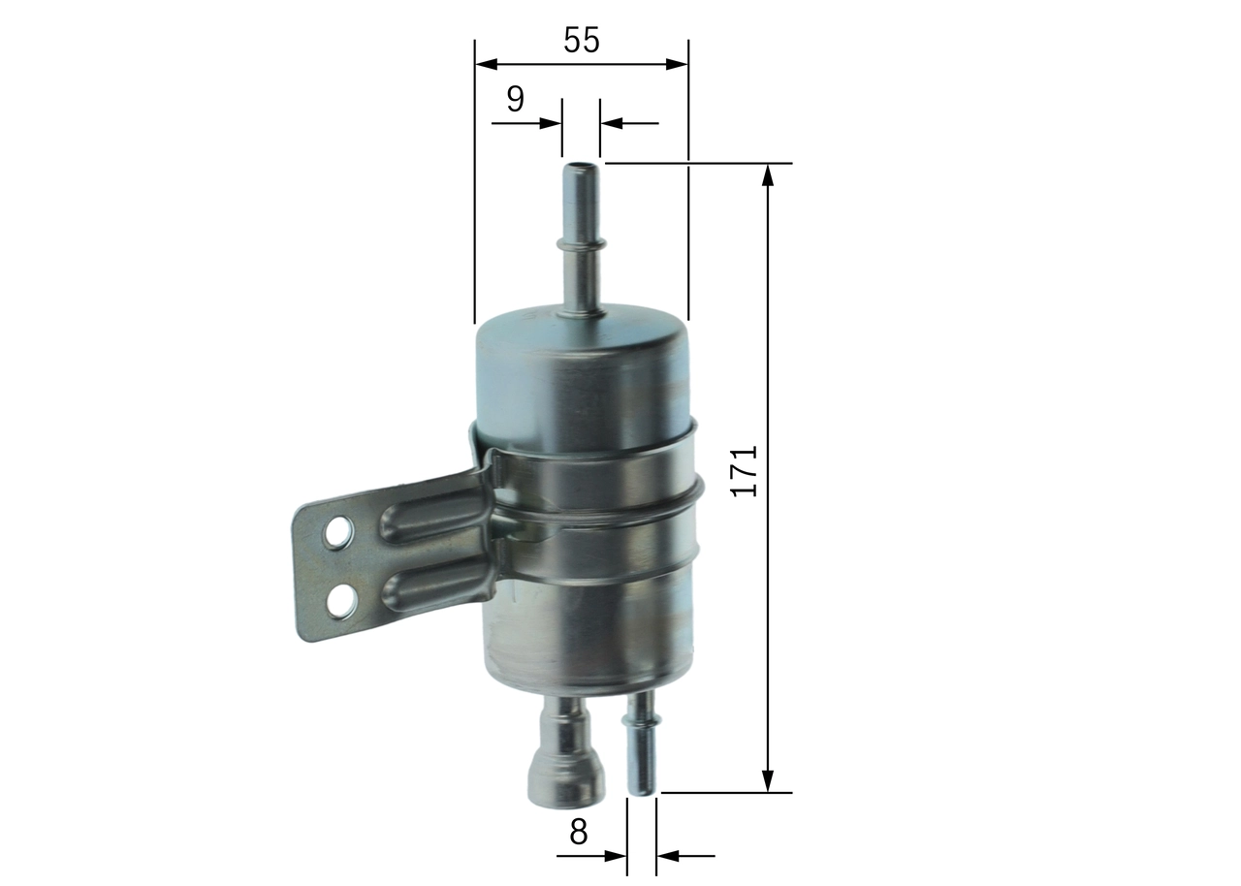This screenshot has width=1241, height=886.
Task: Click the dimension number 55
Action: (x=582, y=41)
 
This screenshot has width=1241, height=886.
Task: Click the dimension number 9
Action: (x=515, y=99)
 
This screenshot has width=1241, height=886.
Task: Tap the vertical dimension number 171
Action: (x=744, y=472)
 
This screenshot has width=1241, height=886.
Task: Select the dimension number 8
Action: (x=579, y=832)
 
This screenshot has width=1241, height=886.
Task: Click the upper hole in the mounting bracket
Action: (x=337, y=532)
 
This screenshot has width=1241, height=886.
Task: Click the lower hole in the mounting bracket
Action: (x=340, y=603)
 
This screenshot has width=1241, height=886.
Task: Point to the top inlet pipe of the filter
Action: (x=580, y=237)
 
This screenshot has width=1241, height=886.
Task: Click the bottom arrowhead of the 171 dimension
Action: (x=768, y=781)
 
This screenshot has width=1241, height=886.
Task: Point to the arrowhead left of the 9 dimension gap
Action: (x=553, y=123)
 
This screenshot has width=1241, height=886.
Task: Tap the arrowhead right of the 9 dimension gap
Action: (x=610, y=123)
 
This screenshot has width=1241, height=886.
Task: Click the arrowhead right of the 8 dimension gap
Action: (x=666, y=856)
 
